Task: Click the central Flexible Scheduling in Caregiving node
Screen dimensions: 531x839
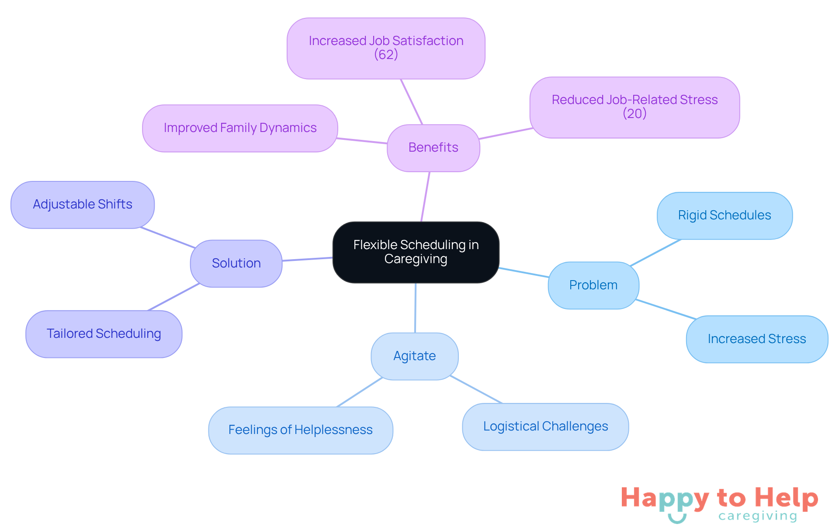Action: [x=416, y=252]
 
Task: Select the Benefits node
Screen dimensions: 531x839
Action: [x=433, y=148]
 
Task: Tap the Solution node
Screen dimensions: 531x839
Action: [x=236, y=263]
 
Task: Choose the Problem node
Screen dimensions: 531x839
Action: [x=593, y=285]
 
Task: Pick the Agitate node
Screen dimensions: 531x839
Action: [x=414, y=356]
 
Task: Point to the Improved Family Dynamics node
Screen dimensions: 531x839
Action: [x=240, y=128]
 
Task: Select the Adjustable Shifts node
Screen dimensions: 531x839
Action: [x=83, y=205]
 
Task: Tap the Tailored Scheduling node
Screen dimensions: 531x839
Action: [x=104, y=334]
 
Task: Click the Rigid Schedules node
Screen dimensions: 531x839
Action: [x=724, y=215]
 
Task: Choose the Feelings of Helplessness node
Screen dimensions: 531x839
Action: [x=300, y=430]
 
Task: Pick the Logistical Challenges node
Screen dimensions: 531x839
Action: [x=545, y=427]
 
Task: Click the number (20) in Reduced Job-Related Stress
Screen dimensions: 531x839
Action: [x=634, y=114]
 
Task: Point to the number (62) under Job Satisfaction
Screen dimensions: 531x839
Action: [x=386, y=55]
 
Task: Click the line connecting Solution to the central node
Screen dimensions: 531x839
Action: [x=307, y=259]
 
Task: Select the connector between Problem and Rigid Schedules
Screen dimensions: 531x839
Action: [x=655, y=252]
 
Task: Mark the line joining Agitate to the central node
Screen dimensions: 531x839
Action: [x=415, y=308]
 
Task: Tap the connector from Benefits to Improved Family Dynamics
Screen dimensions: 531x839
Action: [x=362, y=141]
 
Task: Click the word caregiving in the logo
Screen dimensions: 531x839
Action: [x=758, y=516]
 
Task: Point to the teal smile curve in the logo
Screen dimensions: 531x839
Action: [x=677, y=519]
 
